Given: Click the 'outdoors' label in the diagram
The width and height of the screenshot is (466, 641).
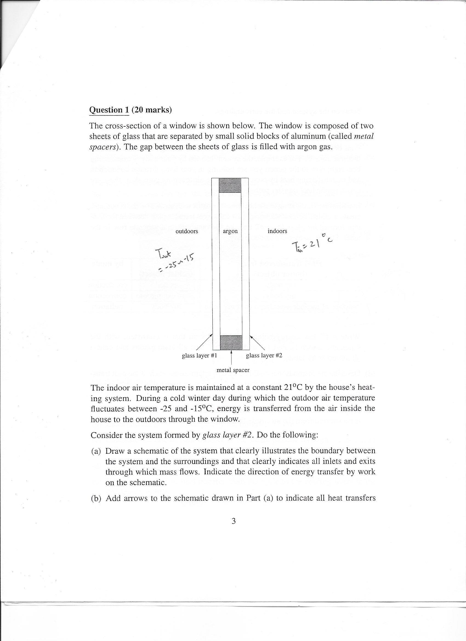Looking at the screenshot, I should tap(187, 231).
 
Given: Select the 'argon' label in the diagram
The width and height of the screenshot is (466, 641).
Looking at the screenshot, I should tap(230, 231).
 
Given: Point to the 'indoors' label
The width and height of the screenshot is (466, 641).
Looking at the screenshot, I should tap(277, 231).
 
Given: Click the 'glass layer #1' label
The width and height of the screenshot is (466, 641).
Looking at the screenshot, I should tap(199, 356).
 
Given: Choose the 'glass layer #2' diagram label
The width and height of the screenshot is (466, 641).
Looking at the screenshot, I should tap(264, 356).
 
